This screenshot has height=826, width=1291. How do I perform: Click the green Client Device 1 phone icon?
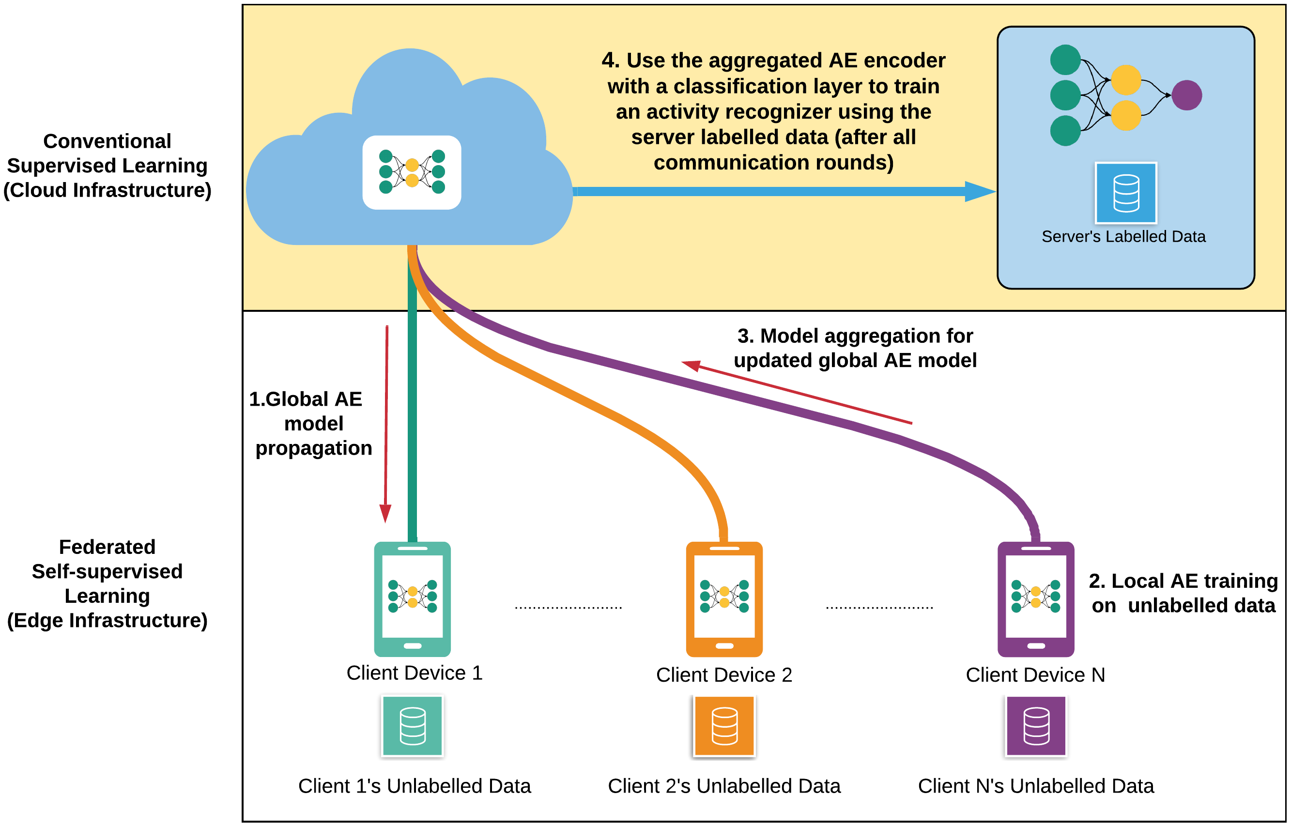click(x=412, y=599)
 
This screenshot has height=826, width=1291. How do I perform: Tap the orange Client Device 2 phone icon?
click(x=724, y=599)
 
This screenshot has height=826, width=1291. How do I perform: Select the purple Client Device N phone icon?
click(x=1036, y=599)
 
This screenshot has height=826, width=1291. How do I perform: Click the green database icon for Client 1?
click(x=413, y=726)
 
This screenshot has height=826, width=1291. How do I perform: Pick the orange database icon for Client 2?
click(x=724, y=726)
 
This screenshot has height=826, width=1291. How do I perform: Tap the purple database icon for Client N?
click(x=1036, y=726)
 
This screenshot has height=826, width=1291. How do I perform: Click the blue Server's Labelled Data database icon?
click(x=1126, y=193)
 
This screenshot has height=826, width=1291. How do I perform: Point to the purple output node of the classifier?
click(x=1186, y=95)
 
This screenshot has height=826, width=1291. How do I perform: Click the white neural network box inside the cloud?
click(x=412, y=172)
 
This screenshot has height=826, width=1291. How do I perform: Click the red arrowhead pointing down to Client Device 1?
click(x=385, y=513)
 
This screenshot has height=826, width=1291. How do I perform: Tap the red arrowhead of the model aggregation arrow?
click(x=692, y=365)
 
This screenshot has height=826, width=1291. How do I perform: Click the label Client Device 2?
click(x=724, y=675)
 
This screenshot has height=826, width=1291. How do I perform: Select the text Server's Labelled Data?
click(x=1123, y=237)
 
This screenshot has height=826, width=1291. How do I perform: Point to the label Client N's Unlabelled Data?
click(x=1036, y=786)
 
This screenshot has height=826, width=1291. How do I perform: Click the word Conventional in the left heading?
click(x=108, y=141)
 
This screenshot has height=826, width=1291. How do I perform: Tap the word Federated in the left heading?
click(x=108, y=547)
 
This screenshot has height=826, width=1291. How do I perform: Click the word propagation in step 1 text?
click(x=314, y=448)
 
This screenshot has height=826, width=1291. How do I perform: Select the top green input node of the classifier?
click(x=1065, y=60)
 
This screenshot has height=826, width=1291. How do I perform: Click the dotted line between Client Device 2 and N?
click(x=879, y=608)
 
